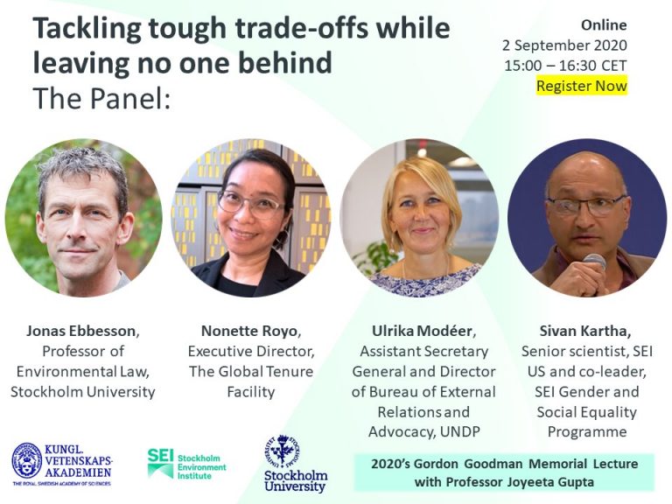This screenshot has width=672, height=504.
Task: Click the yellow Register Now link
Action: click(x=582, y=86)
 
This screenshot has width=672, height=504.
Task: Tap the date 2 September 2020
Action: click(x=564, y=45)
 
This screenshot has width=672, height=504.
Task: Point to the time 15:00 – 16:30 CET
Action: click(x=565, y=66)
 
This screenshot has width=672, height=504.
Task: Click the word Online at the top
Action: click(x=604, y=24)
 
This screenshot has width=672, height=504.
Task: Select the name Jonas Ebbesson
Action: click(x=81, y=331)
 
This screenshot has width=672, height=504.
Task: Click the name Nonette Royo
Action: click(x=249, y=331)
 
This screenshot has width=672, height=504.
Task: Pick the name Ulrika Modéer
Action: click(x=422, y=331)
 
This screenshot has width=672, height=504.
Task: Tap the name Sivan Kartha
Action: click(x=583, y=331)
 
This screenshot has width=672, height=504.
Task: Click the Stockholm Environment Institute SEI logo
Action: click(x=186, y=463)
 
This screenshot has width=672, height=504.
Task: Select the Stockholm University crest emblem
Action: click(x=283, y=451)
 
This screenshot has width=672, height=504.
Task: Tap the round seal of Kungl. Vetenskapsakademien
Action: click(x=27, y=461)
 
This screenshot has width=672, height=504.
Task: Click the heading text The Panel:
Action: click(x=101, y=98)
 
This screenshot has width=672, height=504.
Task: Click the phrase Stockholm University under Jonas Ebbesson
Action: click(x=83, y=391)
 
